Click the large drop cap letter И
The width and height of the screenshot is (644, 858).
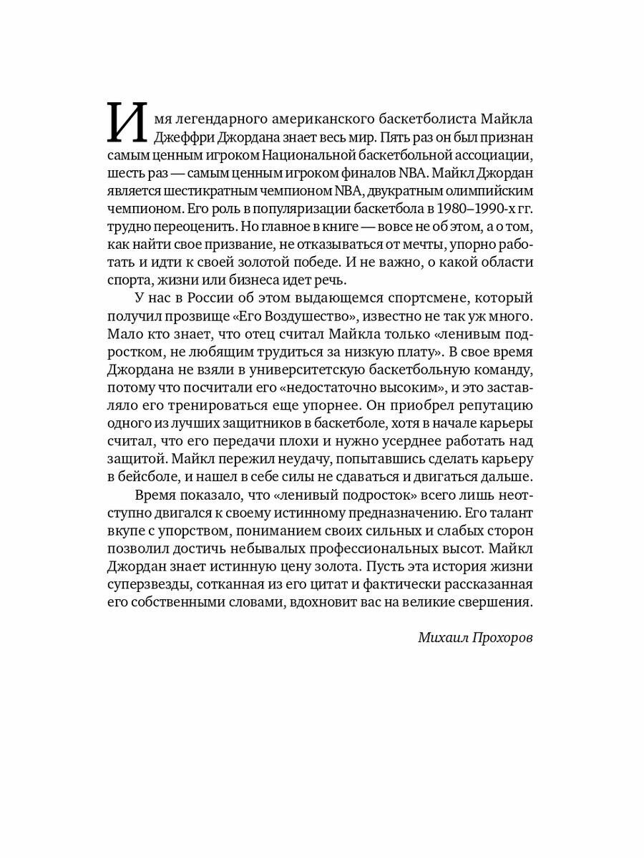(x=127, y=122)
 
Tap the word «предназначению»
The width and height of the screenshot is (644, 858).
(x=402, y=513)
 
